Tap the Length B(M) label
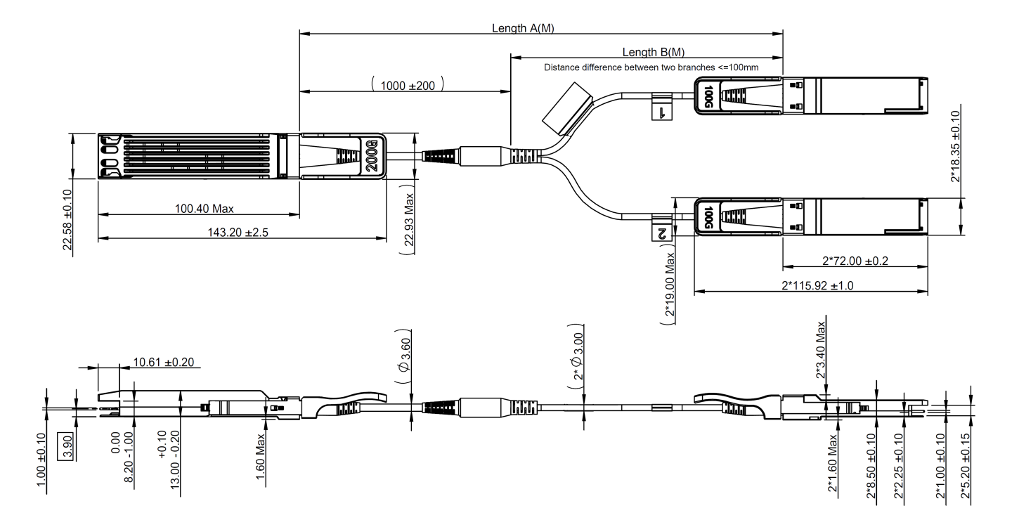point(654,52)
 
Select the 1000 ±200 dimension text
point(408,84)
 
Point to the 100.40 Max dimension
point(205,209)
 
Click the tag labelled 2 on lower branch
point(661,231)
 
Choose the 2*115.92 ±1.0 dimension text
point(819,285)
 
